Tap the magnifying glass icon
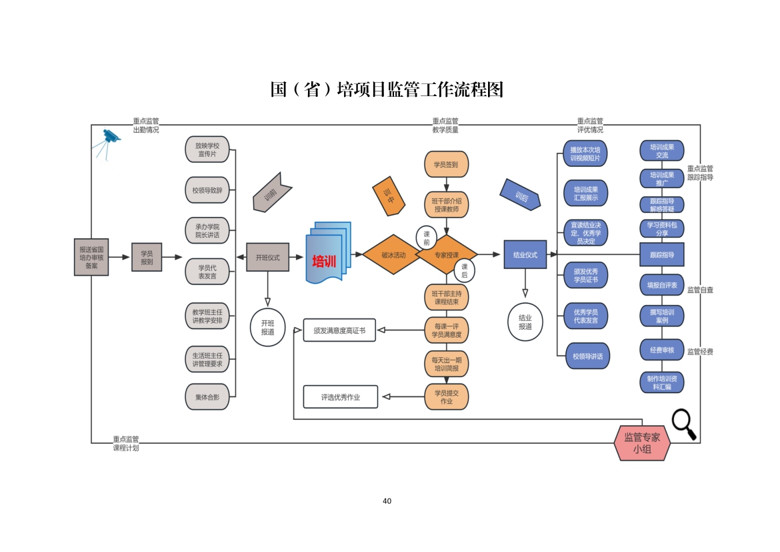(x=683, y=425)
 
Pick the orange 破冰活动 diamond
(x=393, y=254)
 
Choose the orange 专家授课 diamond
(x=447, y=254)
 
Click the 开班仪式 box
(x=267, y=257)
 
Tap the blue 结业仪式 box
(x=525, y=254)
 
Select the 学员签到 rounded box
(x=446, y=164)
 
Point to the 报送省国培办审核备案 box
(x=91, y=257)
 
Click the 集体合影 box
(x=207, y=396)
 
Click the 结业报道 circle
(x=525, y=322)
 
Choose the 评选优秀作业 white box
(x=340, y=396)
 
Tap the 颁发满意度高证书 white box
(x=339, y=330)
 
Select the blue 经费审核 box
(x=661, y=349)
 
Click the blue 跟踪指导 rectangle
(x=661, y=254)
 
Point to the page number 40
(x=387, y=501)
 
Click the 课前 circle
(x=427, y=238)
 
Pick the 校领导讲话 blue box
(x=587, y=356)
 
